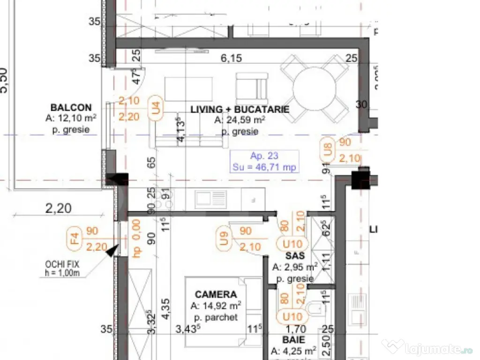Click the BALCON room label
click(71, 108)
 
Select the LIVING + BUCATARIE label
click(240, 109)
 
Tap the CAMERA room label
click(216, 295)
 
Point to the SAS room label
click(295, 256)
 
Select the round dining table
click(314, 88)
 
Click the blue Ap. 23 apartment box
click(264, 162)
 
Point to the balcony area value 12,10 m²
click(72, 119)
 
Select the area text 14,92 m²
click(216, 306)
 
